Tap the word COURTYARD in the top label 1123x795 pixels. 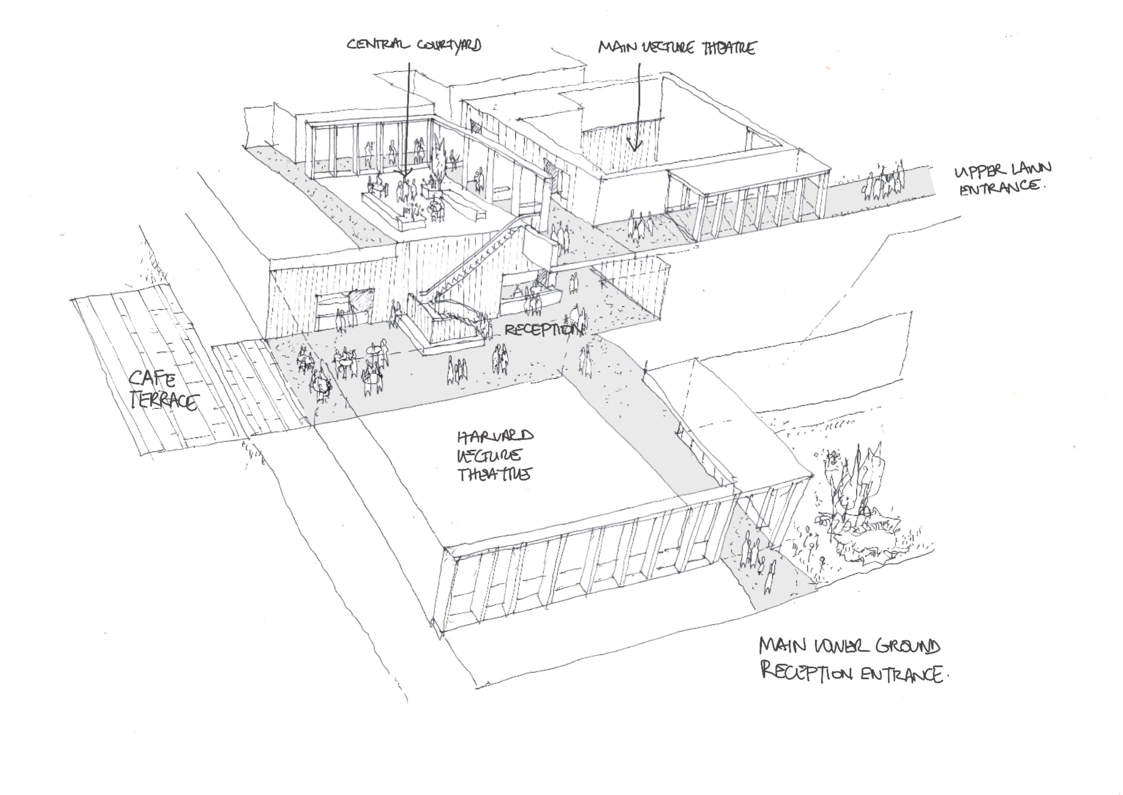(x=449, y=45)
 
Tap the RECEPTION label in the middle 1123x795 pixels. (x=543, y=329)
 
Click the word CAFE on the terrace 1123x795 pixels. (x=152, y=378)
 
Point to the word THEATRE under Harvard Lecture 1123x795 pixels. (x=494, y=474)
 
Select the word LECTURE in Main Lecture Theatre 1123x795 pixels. (x=668, y=48)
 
